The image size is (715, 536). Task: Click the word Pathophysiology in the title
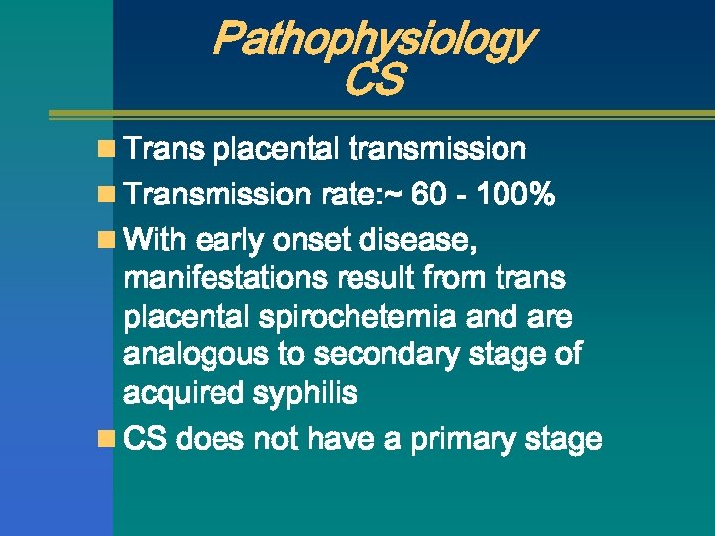(x=374, y=40)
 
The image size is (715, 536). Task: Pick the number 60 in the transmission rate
(x=429, y=196)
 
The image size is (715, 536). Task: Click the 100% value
(x=514, y=196)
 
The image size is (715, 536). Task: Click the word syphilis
(x=307, y=394)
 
